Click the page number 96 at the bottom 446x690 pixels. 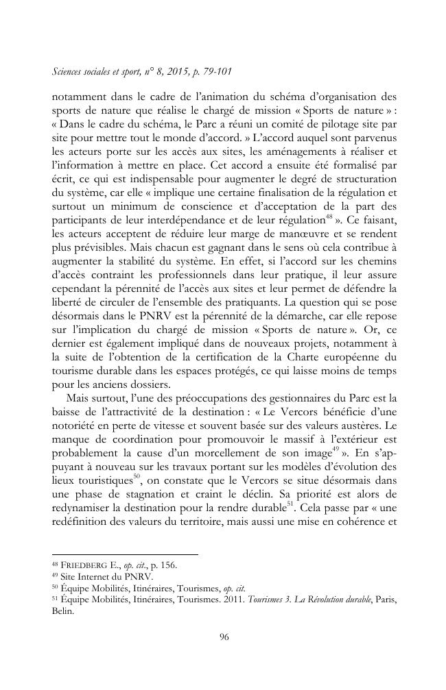pos(223,637)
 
